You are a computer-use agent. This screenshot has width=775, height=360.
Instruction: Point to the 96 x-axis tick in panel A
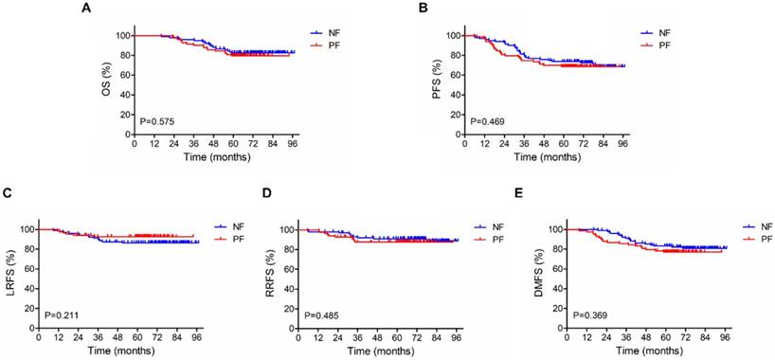pyautogui.click(x=292, y=145)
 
